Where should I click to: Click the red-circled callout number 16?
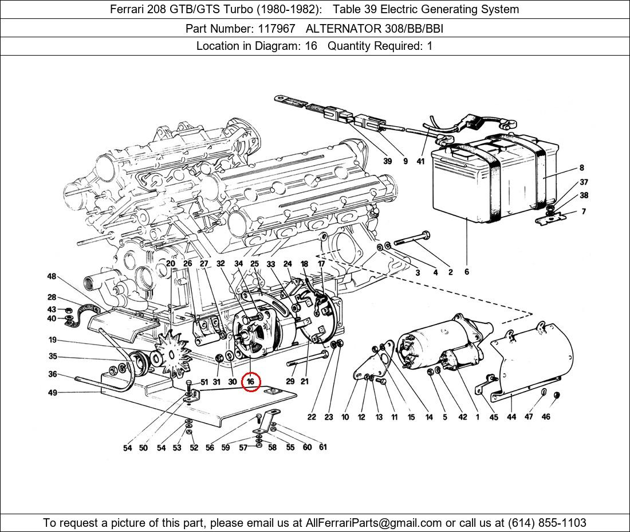coord(251,381)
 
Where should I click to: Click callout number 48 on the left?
coord(52,276)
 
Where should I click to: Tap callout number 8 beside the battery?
coord(581,168)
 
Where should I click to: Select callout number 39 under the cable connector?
coord(387,161)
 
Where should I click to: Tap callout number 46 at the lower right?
coord(546,417)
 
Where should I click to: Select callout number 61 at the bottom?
coord(323,447)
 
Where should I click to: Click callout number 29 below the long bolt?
coord(290,381)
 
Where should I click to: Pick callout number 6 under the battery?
coord(467,272)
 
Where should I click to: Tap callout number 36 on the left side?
coord(52,374)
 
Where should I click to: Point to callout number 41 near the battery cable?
coord(420,161)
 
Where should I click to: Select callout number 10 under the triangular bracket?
coord(345,417)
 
